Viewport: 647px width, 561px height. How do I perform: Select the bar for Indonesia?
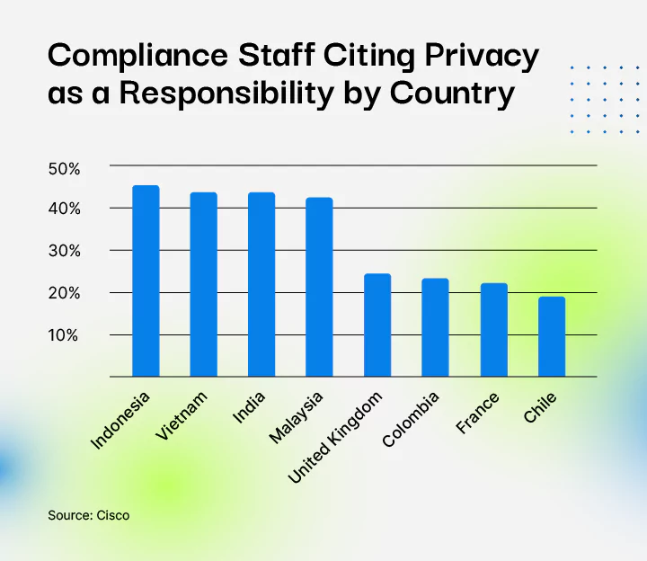146,281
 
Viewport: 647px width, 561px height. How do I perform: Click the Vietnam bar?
203,285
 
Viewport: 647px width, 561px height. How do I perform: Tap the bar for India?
261,285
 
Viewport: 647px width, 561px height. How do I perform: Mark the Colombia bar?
435,328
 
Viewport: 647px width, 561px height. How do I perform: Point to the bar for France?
493,330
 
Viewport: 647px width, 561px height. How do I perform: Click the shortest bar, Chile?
551,337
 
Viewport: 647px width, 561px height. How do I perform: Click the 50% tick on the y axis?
64,168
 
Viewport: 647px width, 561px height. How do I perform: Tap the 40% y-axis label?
64,209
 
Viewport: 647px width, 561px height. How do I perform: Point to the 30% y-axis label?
64,251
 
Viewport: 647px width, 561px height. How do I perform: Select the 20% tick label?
64,293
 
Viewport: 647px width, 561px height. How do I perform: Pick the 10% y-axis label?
64,335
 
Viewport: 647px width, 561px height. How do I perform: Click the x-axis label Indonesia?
121,420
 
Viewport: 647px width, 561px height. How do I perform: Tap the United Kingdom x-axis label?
336,437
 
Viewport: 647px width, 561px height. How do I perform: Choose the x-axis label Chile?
541,410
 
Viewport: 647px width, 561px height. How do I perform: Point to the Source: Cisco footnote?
88,516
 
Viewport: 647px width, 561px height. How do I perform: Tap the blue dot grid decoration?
599,99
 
